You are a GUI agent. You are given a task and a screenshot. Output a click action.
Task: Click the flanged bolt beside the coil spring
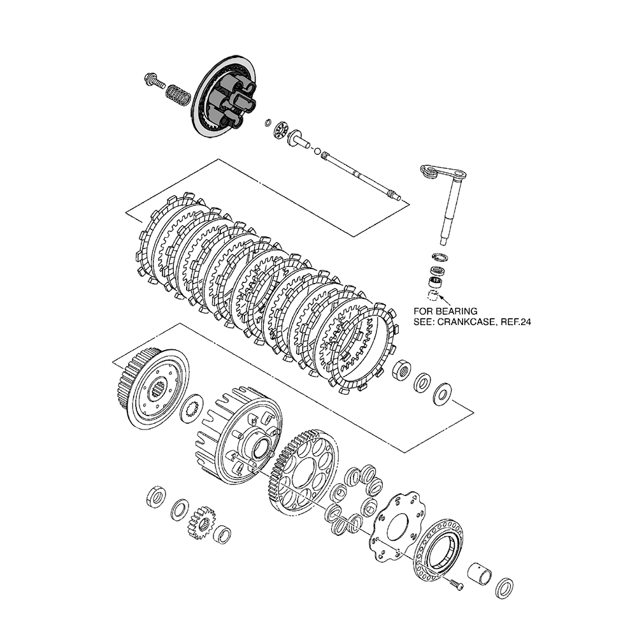pos(153,82)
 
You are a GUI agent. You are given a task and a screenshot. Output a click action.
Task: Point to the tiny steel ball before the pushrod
pos(317,150)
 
